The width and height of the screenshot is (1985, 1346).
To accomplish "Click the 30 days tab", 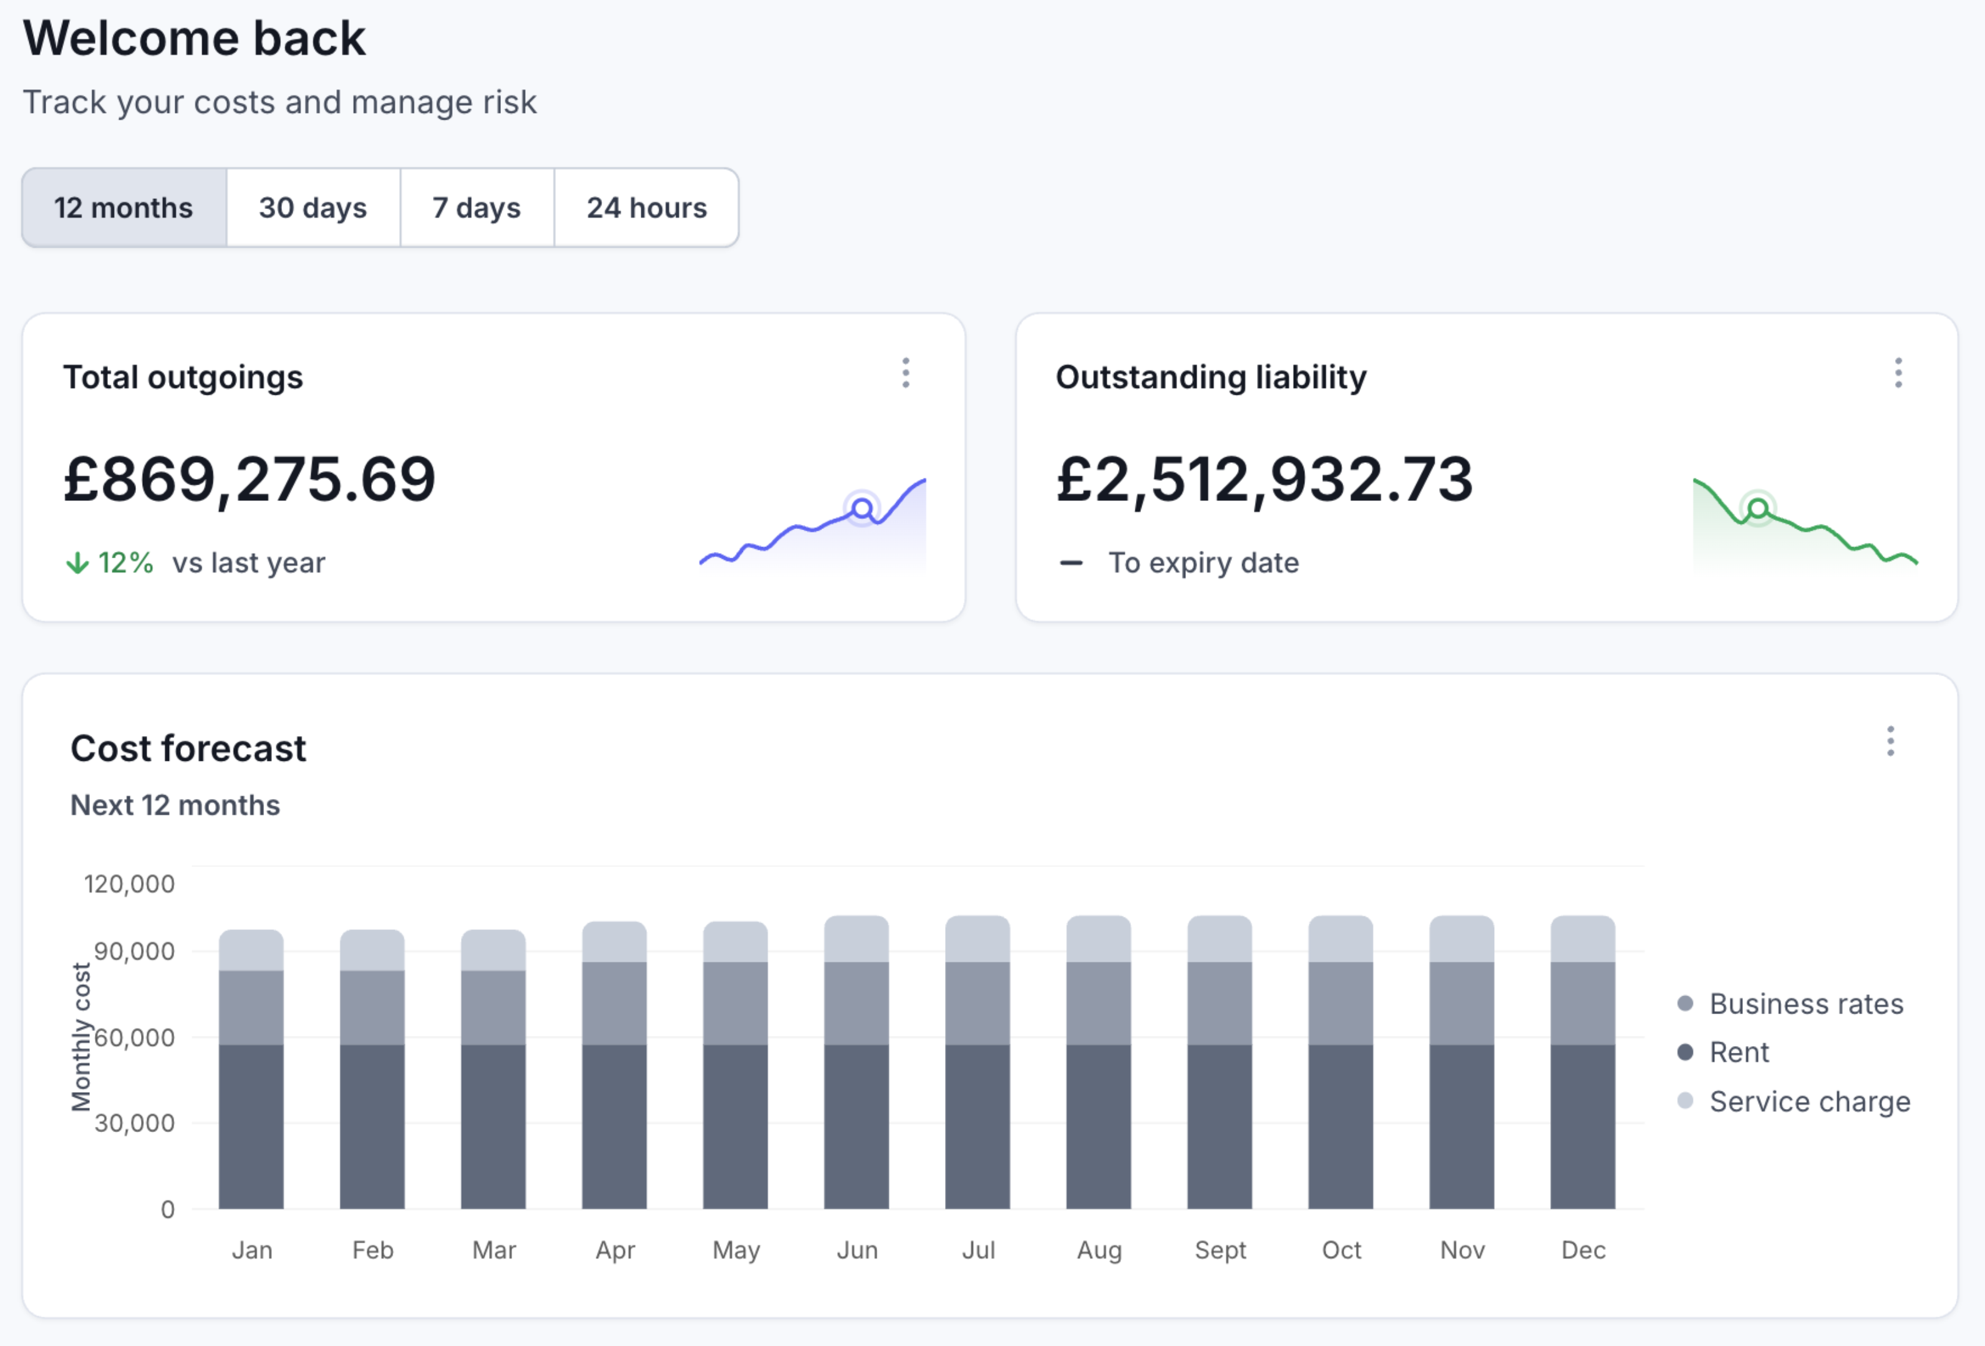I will pyautogui.click(x=313, y=208).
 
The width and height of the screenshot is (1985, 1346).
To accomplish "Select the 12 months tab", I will pyautogui.click(x=124, y=208).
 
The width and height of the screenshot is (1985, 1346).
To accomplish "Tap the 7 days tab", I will pyautogui.click(x=477, y=208).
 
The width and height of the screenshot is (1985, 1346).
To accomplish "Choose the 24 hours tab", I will pyautogui.click(x=646, y=208).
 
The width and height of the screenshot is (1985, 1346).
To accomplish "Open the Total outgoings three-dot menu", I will pyautogui.click(x=905, y=373).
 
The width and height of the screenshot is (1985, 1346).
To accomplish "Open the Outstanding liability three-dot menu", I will pyautogui.click(x=1898, y=373).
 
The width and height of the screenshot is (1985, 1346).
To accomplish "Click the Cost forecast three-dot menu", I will pyautogui.click(x=1890, y=742).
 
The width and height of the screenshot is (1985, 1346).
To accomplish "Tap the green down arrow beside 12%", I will pyautogui.click(x=77, y=563).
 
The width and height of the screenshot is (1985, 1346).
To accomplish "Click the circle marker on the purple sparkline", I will pyautogui.click(x=863, y=509).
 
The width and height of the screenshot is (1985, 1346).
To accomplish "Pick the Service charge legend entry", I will pyautogui.click(x=1809, y=1101).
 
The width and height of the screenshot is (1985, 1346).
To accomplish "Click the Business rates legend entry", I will pyautogui.click(x=1805, y=1004).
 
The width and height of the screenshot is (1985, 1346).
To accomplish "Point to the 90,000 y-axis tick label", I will pyautogui.click(x=134, y=951).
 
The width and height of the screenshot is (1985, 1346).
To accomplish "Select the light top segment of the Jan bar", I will pyautogui.click(x=251, y=950).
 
